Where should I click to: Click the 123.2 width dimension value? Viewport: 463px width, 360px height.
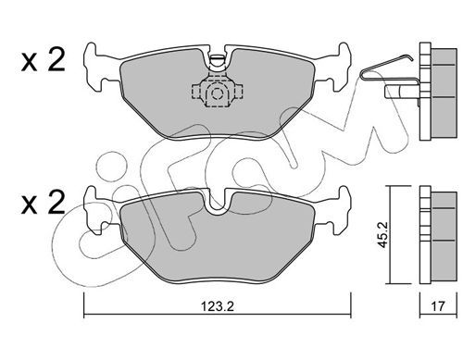coord(218,306)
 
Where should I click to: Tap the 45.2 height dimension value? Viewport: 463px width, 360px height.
coord(384,235)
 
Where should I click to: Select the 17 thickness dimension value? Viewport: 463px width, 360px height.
coord(438,306)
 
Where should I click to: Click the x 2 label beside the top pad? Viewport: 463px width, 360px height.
coord(44,61)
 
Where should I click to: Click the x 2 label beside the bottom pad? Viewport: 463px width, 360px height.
coord(44,203)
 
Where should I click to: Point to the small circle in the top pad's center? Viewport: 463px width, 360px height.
coord(218,93)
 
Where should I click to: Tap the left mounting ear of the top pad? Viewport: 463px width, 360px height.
coord(95,68)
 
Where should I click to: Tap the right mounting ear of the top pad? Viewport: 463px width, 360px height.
coord(339,68)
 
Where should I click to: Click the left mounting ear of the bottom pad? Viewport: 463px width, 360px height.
coord(95,210)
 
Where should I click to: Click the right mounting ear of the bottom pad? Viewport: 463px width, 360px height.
coord(339,210)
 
